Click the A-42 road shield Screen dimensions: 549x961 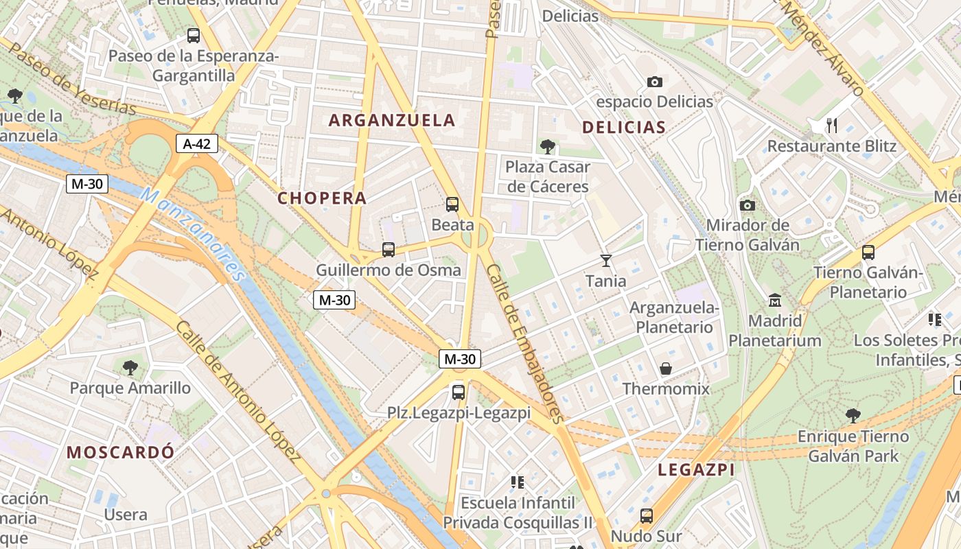pos(197,143)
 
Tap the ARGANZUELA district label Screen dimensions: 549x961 pos(392,120)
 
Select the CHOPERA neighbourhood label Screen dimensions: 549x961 pos(322,198)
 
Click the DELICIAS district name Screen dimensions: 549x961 pos(624,127)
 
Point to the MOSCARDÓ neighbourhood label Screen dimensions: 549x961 pos(121,452)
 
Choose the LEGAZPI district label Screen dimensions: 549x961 pos(696,470)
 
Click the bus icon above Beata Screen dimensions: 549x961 pos(452,204)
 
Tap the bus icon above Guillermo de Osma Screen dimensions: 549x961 pos(389,249)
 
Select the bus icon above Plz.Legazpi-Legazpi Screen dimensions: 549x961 pos(459,393)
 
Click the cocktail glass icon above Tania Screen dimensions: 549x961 pos(605,260)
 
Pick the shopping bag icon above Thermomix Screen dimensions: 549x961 pos(666,369)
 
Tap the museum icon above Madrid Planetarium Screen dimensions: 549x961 pos(775,300)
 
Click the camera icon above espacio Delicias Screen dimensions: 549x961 pos(655,82)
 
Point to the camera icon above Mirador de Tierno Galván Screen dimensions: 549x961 pos(748,205)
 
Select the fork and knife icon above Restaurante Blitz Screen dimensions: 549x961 pos(832,125)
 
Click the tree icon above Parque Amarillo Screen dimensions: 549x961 pos(130,367)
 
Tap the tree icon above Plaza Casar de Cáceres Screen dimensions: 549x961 pos(547,145)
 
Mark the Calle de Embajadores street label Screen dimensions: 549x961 pos(525,343)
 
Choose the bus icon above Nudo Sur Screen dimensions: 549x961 pos(646,515)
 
